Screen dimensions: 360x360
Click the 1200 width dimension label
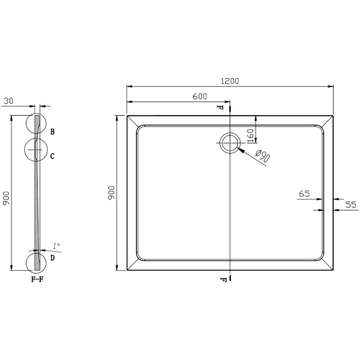230,81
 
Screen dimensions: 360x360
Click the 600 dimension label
200,96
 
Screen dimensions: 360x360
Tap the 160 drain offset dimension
250,136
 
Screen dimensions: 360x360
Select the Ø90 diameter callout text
263,156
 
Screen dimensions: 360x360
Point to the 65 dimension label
304,194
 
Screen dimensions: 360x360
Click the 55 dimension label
351,204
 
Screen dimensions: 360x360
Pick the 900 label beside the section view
6,198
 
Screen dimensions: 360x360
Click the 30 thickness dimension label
9,101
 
